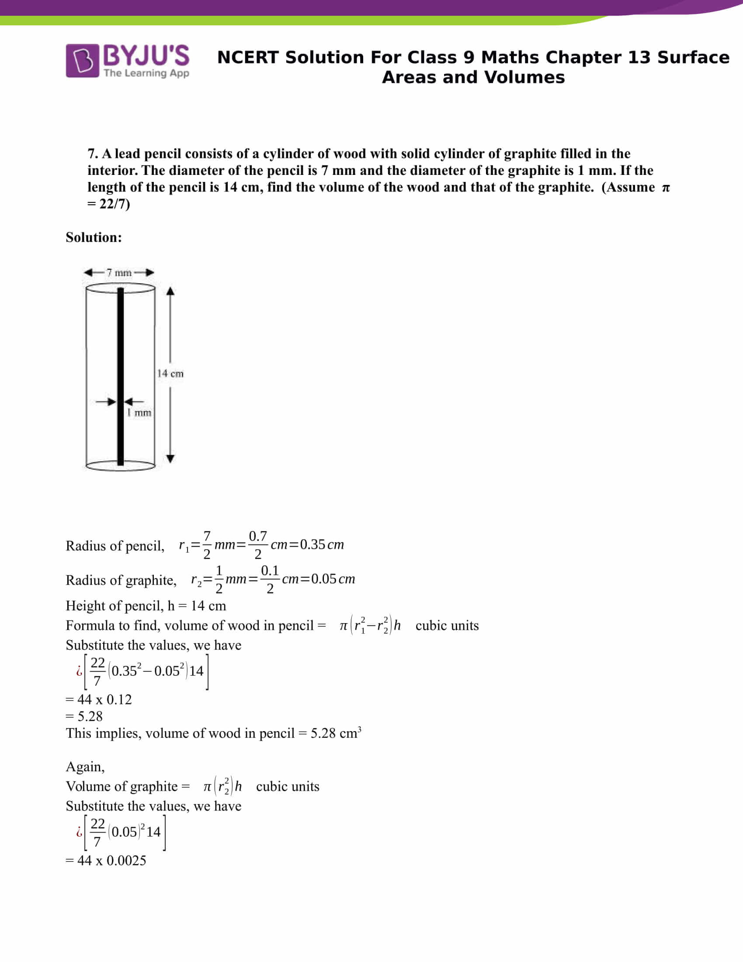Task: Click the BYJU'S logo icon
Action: coord(82,61)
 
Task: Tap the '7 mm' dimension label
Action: coord(119,273)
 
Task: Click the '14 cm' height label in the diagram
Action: coord(170,373)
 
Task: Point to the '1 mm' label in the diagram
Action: coord(139,413)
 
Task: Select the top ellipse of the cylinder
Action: coord(120,288)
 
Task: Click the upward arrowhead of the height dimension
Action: coord(170,291)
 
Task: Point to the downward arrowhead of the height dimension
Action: coord(170,459)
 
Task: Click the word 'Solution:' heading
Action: coord(94,237)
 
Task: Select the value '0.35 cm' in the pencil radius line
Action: coord(322,544)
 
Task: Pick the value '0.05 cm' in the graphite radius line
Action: coord(333,579)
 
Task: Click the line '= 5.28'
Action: coord(84,717)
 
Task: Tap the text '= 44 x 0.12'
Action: coord(99,700)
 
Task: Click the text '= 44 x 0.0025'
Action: coord(106,860)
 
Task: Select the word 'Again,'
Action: coord(85,767)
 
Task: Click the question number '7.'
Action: coord(92,154)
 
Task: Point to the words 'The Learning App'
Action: coord(146,73)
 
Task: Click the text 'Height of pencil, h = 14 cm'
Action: coord(146,606)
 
